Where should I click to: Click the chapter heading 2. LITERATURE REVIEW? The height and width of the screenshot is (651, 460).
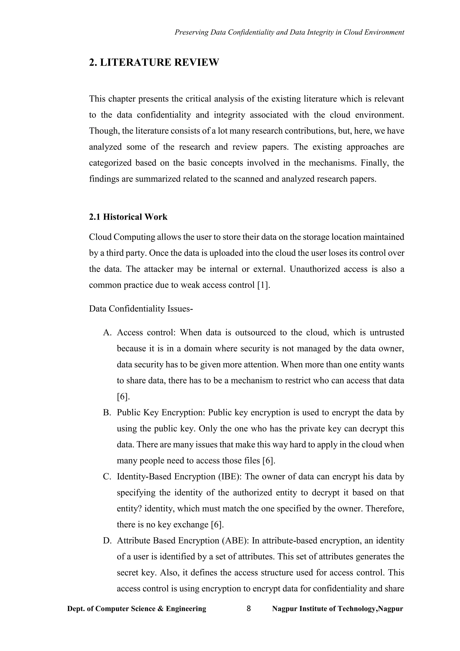[x=154, y=62]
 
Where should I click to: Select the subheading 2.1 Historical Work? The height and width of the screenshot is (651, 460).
[x=128, y=217]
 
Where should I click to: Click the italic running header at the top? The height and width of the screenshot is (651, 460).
[x=289, y=32]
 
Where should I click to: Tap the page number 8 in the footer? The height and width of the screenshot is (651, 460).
[x=249, y=609]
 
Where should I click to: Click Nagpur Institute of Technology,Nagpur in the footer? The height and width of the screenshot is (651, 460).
[x=337, y=609]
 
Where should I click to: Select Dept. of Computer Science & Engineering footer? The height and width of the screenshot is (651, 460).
[x=137, y=609]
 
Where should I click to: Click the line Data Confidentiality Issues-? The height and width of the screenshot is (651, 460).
[x=141, y=308]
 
